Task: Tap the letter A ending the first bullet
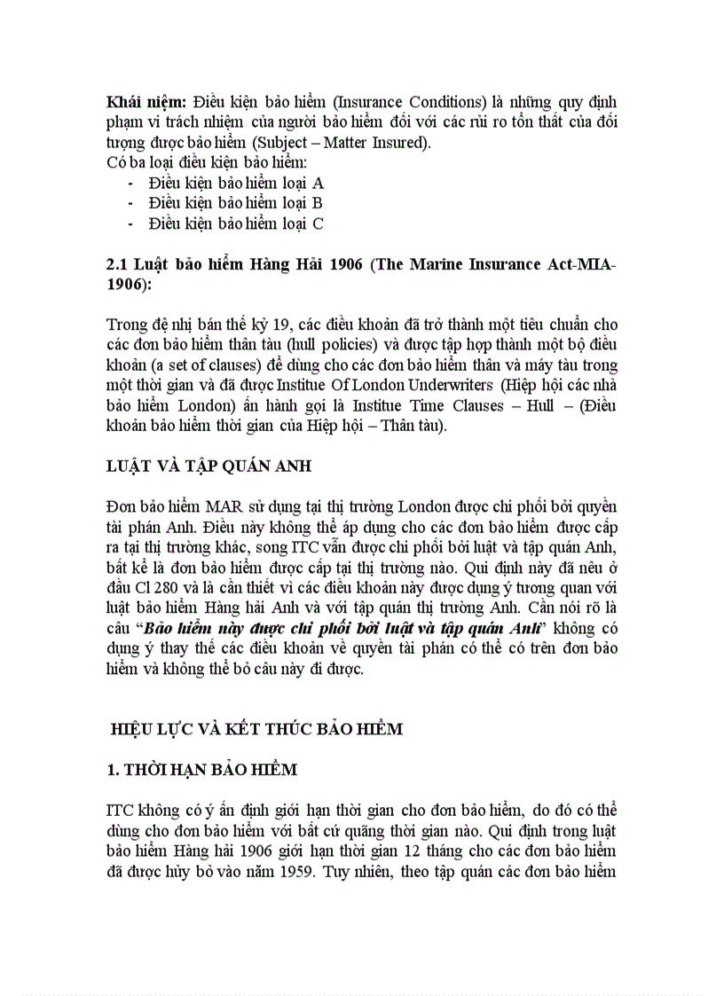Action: click(x=319, y=183)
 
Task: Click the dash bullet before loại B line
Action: click(x=131, y=203)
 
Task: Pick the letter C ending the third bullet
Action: click(x=318, y=224)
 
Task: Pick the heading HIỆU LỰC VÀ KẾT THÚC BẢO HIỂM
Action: click(x=256, y=729)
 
